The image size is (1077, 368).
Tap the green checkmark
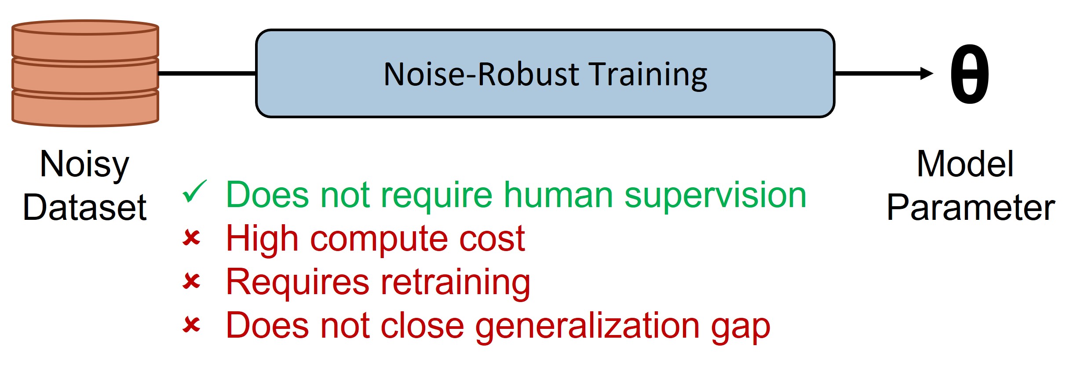tap(194, 192)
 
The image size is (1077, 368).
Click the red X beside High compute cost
tap(192, 238)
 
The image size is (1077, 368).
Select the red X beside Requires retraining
tap(192, 281)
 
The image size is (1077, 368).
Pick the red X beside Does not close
tap(192, 325)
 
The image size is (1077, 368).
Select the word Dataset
tap(84, 207)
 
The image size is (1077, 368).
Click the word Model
tap(965, 164)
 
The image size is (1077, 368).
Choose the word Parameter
tap(971, 207)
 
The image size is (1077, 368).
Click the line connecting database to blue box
tap(207, 73)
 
